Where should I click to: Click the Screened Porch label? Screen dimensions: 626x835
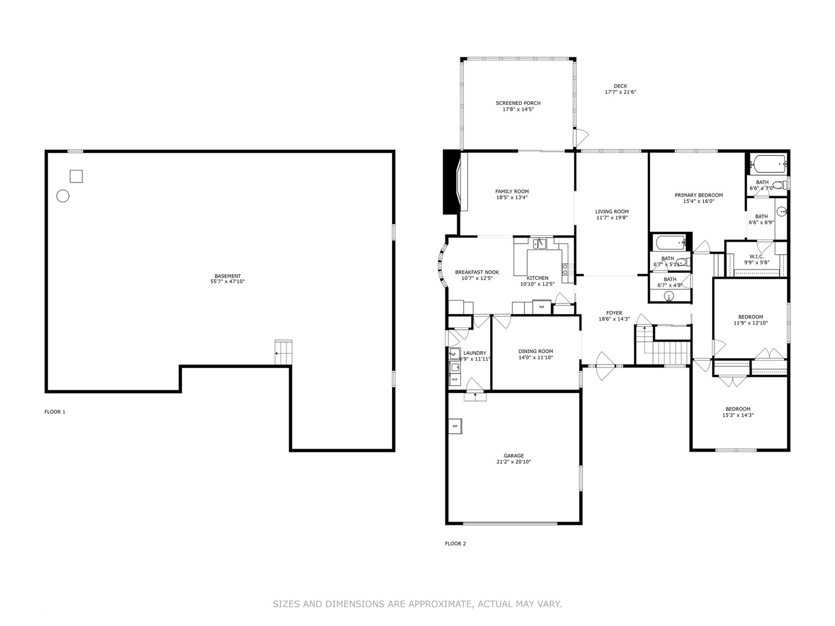[x=518, y=103]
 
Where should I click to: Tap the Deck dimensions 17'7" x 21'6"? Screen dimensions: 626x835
[x=620, y=92]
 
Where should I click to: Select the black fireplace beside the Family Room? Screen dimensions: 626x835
[x=451, y=182]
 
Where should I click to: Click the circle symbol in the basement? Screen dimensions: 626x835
[x=63, y=196]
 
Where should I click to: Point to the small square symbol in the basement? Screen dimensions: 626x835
[x=76, y=176]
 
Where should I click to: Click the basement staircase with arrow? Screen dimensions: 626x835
[x=283, y=352]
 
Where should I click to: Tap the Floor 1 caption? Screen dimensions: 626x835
[x=55, y=412]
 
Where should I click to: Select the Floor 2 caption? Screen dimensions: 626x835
[x=455, y=544]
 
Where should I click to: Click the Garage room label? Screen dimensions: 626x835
[x=513, y=456]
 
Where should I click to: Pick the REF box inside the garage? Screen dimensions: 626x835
[x=455, y=426]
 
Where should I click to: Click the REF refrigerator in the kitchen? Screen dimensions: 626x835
[x=542, y=307]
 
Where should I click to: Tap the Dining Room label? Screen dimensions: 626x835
[x=535, y=351]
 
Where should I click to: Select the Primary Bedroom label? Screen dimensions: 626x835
[x=698, y=195]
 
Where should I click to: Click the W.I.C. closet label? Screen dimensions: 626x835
[x=756, y=256]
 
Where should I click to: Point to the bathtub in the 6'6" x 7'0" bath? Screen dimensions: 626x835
[x=768, y=163]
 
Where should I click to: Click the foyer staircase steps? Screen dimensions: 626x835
[x=672, y=351]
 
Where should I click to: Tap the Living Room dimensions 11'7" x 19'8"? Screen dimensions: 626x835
[x=612, y=218]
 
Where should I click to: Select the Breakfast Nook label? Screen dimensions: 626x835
[x=477, y=272]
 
